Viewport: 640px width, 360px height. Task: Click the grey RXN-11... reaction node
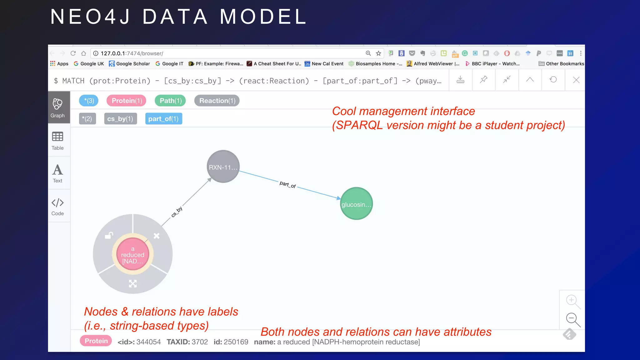coord(223,167)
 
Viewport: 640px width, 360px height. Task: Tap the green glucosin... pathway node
coord(356,204)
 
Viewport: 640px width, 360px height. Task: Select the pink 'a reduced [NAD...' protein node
coord(133,254)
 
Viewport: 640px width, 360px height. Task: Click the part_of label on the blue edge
coord(287,185)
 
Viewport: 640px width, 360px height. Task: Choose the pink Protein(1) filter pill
coord(127,101)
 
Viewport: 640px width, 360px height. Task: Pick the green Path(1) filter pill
coord(170,101)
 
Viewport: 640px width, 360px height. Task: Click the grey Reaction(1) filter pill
coord(217,101)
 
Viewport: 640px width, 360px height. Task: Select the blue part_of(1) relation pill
coord(163,119)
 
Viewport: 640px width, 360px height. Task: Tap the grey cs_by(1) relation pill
coord(120,119)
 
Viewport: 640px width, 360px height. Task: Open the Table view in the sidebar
coord(57,141)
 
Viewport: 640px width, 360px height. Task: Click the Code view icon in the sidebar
coord(57,206)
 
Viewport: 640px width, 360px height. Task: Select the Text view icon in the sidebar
coord(57,173)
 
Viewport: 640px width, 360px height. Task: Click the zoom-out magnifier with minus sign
coord(572,319)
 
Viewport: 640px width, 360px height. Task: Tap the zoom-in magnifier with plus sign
coord(572,301)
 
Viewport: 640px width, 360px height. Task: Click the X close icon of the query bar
coord(576,80)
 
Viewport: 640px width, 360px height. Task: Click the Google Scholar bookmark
coord(129,64)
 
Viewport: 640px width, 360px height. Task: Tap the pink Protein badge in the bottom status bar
coord(96,341)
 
